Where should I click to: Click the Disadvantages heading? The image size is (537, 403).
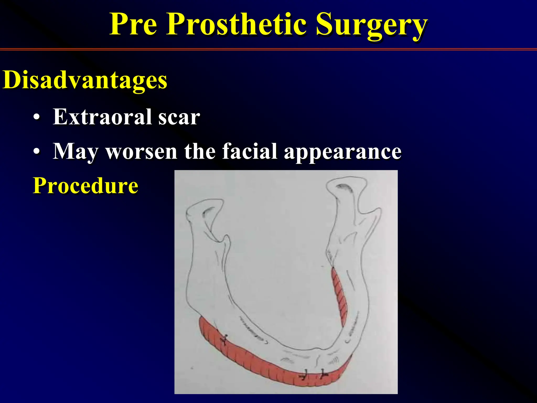pos(85,80)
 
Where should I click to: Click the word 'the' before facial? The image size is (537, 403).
pos(200,151)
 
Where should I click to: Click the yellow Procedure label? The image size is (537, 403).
pos(85,185)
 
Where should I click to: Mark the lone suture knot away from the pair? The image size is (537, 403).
pos(224,340)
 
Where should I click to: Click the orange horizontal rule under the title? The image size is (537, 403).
pos(268,49)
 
